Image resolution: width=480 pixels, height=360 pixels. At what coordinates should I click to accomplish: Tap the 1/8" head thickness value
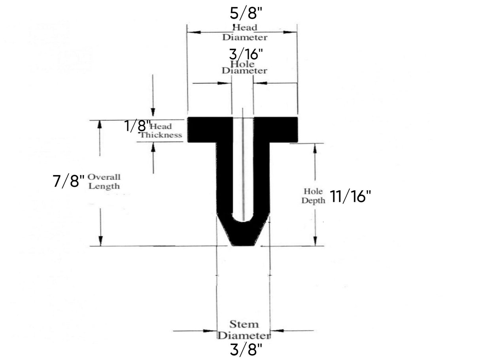pyautogui.click(x=137, y=126)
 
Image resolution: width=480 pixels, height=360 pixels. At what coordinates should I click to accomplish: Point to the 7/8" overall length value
pyautogui.click(x=68, y=182)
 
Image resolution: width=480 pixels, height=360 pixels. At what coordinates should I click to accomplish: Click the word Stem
pyautogui.click(x=244, y=325)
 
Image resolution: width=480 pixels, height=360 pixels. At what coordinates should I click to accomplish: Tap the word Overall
pyautogui.click(x=104, y=177)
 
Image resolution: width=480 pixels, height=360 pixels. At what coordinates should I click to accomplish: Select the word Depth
pyautogui.click(x=313, y=200)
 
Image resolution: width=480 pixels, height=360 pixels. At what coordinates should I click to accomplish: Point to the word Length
pyautogui.click(x=104, y=186)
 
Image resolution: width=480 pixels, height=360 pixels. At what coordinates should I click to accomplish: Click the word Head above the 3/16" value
pyautogui.click(x=245, y=28)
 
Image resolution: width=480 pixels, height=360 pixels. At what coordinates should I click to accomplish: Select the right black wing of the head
pyautogui.click(x=283, y=129)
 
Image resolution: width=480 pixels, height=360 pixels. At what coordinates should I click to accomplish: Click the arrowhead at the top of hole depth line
pyautogui.click(x=315, y=148)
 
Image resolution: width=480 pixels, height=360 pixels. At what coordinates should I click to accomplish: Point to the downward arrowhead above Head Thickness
pyautogui.click(x=153, y=111)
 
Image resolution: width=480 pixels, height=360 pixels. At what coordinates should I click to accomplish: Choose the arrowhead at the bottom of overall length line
pyautogui.click(x=100, y=241)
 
